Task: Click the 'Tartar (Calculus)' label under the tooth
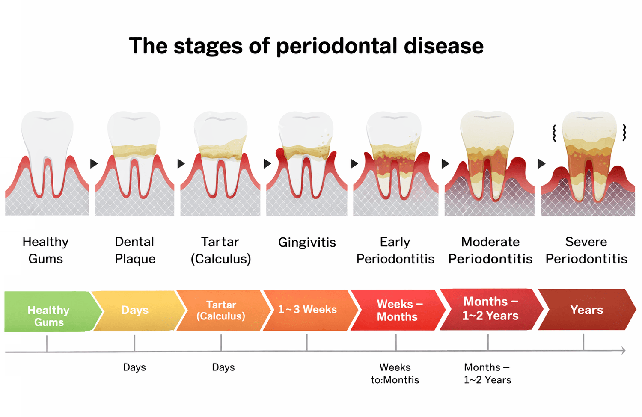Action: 221,250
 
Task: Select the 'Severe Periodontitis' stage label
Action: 586,250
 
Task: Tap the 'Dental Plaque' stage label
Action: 135,250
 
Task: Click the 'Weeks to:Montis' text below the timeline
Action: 395,373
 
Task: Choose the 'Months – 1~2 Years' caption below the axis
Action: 487,373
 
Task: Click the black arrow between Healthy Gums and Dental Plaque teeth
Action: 94,163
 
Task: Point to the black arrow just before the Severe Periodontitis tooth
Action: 542,163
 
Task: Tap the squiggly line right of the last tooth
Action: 624,132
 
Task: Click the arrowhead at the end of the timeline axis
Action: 623,350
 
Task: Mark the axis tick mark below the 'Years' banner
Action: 583,342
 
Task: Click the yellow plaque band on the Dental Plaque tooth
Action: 134,151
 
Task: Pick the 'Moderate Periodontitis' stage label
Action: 490,250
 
